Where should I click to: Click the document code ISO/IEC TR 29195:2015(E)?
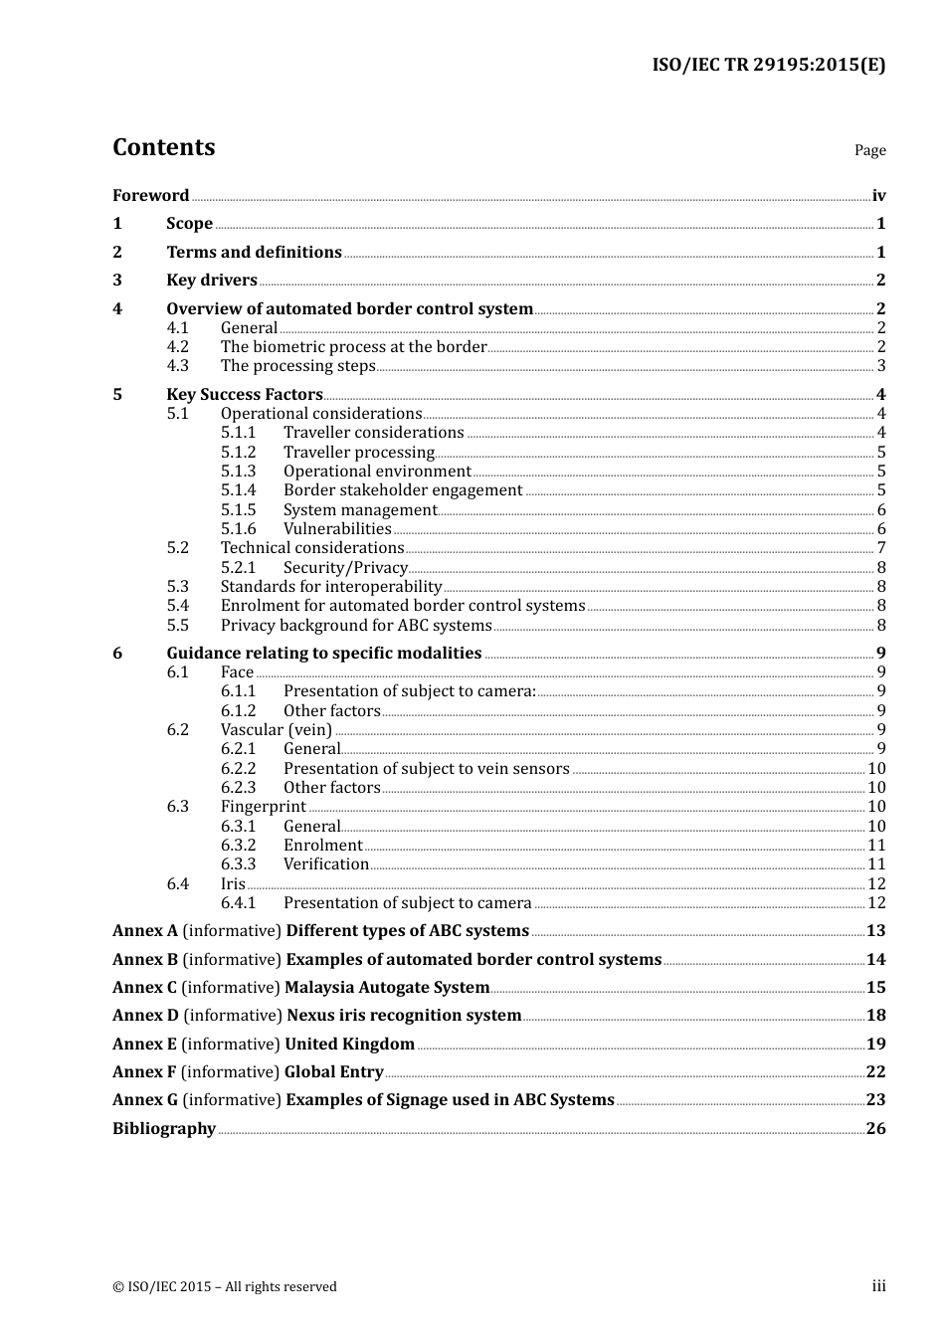[768, 66]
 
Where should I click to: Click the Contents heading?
[163, 147]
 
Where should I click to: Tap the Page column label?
[869, 150]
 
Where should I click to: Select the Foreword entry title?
[150, 195]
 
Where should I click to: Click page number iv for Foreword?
[878, 196]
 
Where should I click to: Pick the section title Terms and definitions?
[254, 252]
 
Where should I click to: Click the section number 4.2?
[177, 346]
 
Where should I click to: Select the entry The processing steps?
[297, 366]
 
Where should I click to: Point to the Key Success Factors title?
[244, 394]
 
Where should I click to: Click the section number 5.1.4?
[238, 489]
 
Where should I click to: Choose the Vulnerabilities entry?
[337, 528]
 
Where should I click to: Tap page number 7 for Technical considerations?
[881, 548]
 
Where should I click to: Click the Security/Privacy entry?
[345, 567]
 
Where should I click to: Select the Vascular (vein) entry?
[276, 729]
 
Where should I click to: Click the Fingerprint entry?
[263, 806]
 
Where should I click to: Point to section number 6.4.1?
[238, 902]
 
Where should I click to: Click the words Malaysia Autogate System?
[387, 987]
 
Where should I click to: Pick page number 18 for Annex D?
[875, 1015]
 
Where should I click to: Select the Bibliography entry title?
[164, 1128]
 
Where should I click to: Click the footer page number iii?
[878, 1286]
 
